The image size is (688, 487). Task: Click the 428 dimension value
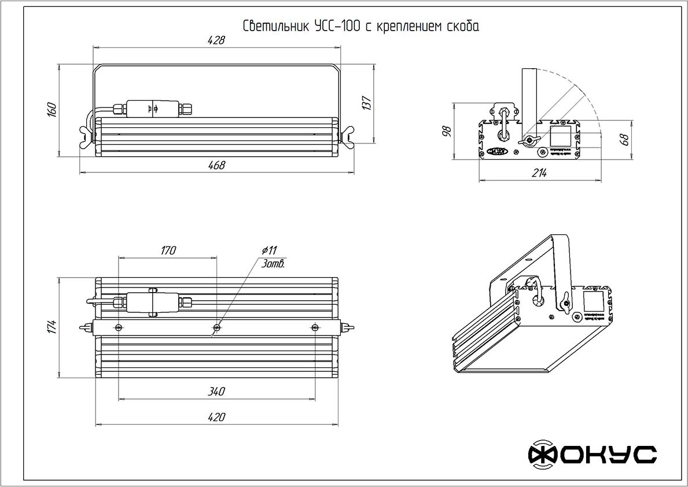click(216, 40)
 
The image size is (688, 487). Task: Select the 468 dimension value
click(216, 165)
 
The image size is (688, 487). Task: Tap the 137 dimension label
click(365, 102)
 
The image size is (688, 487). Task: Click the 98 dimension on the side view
click(446, 132)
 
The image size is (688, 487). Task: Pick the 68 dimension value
click(623, 139)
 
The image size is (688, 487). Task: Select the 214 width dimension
click(540, 174)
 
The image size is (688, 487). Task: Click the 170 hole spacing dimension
click(168, 250)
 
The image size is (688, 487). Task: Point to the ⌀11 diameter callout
click(269, 250)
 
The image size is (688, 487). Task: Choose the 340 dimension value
click(216, 392)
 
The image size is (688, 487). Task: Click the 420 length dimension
click(216, 416)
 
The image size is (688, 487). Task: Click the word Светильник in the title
click(276, 27)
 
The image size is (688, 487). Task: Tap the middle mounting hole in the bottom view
click(217, 327)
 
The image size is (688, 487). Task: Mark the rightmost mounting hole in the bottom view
click(315, 327)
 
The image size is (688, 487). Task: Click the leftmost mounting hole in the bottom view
click(119, 327)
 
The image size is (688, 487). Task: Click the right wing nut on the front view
click(348, 136)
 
